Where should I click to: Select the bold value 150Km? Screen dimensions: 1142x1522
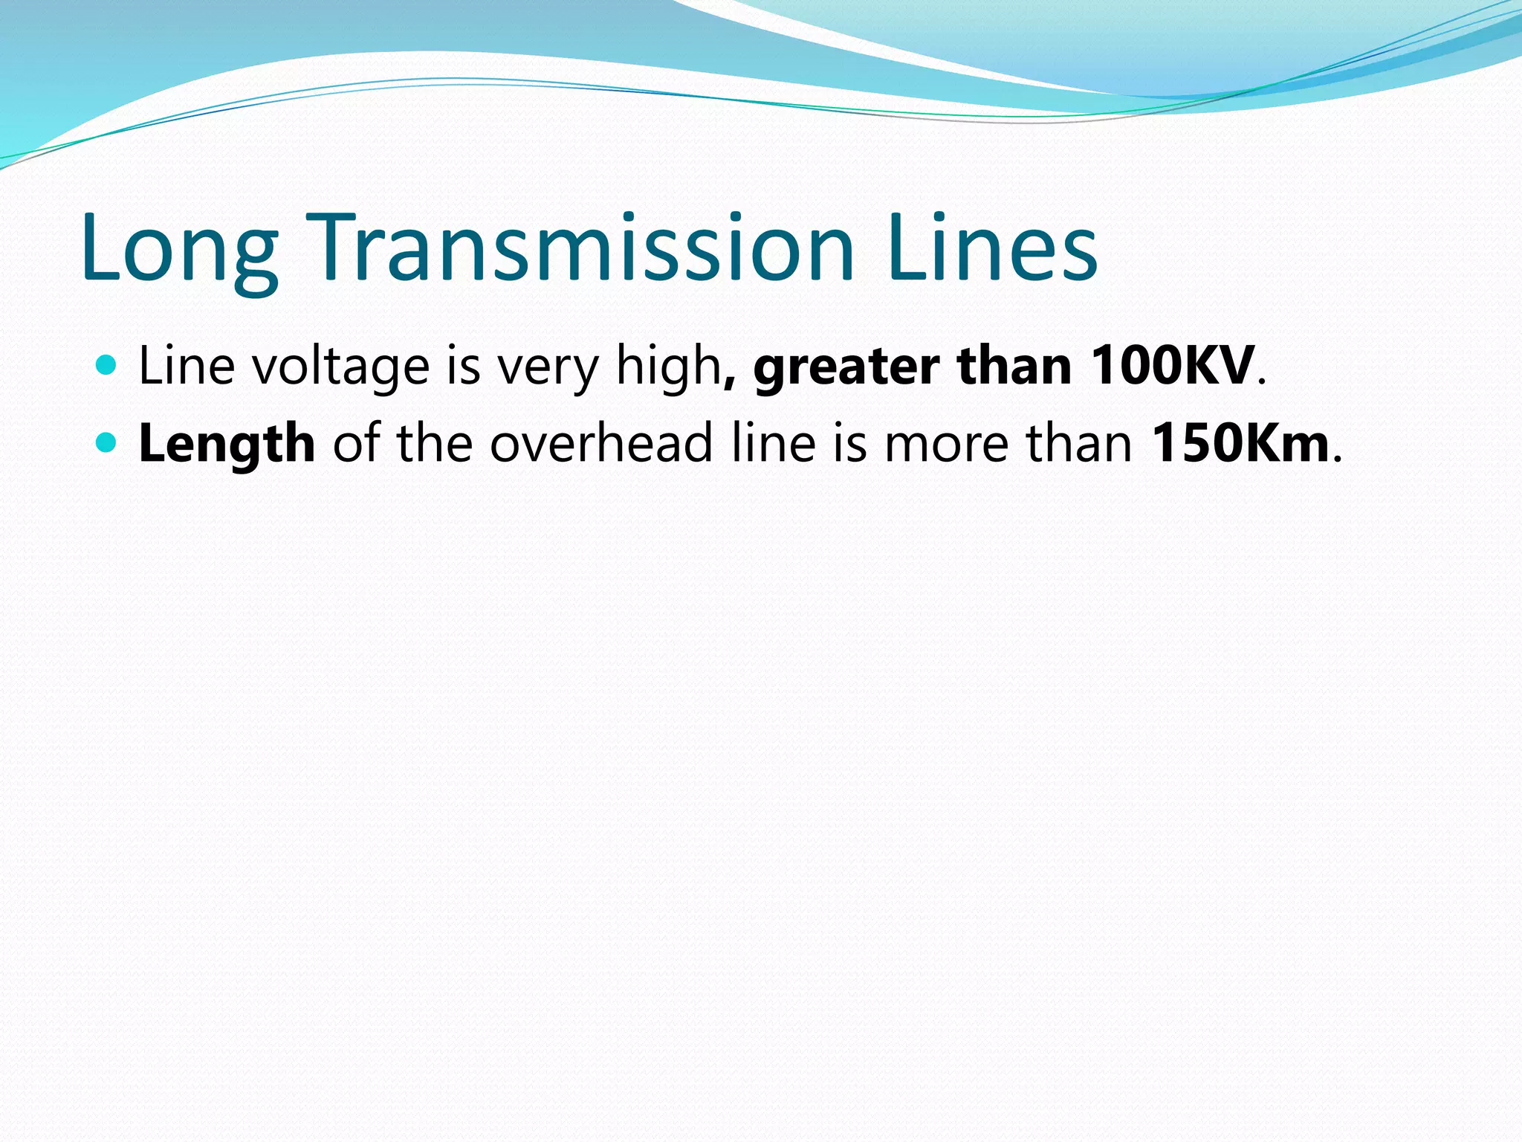point(1240,443)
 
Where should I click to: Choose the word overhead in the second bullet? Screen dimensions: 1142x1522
point(601,443)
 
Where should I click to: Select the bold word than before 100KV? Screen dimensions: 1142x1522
point(1014,366)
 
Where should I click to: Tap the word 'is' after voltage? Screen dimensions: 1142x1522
point(463,366)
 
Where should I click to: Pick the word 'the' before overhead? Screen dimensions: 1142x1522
point(435,443)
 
